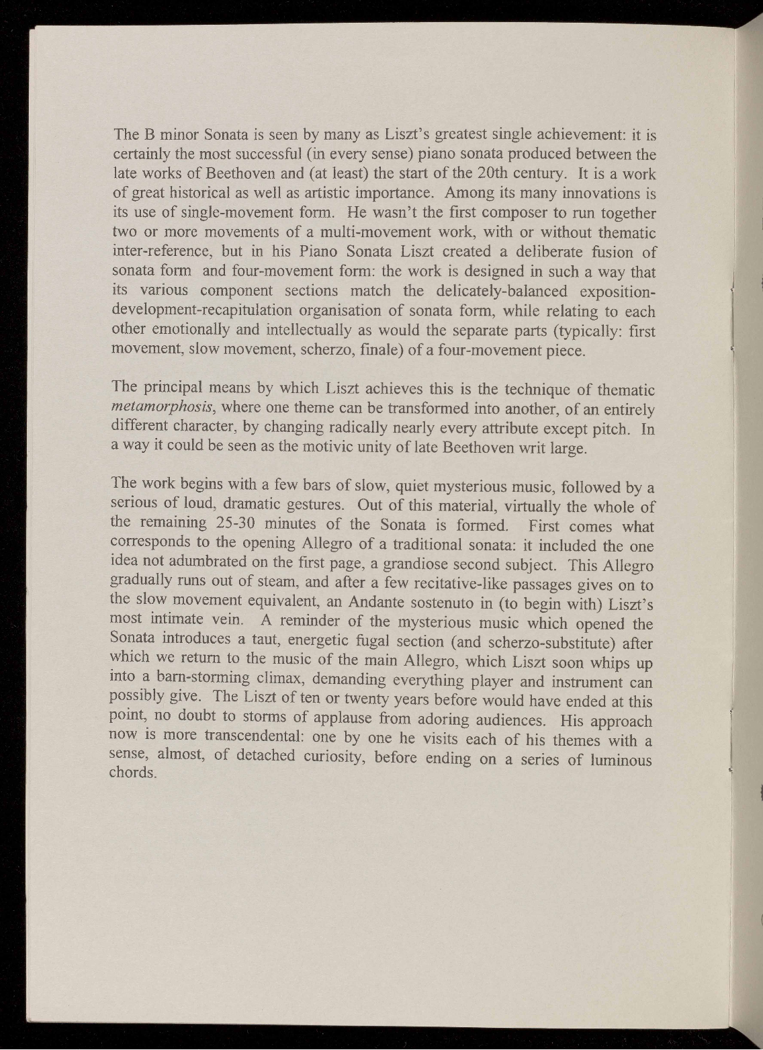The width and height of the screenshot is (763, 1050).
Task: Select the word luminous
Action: click(617, 760)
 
